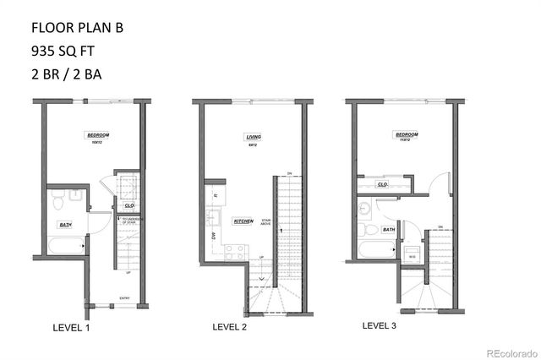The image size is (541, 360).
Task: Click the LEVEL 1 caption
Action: click(x=71, y=327)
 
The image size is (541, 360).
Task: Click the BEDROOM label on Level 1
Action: click(x=99, y=135)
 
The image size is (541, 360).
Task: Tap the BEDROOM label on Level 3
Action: click(x=407, y=134)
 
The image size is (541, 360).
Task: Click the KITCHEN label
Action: click(x=243, y=221)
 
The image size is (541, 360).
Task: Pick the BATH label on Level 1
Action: click(x=65, y=224)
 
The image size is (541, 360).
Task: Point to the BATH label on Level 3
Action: click(x=389, y=229)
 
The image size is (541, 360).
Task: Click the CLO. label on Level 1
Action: click(x=129, y=205)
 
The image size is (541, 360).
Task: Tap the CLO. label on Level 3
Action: click(x=382, y=183)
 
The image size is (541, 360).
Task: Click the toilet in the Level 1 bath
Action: click(x=57, y=202)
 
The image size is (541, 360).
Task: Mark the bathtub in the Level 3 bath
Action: click(x=372, y=250)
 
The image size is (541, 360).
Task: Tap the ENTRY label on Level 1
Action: click(x=125, y=297)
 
